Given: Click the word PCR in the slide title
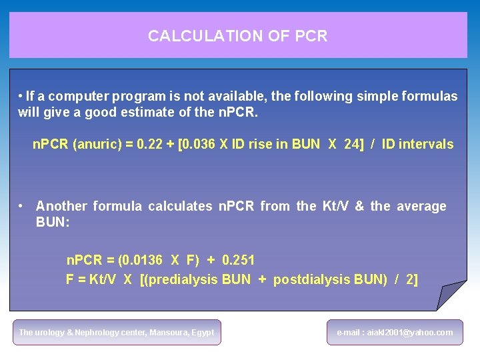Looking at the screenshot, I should click(x=312, y=36).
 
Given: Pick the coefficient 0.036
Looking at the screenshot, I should click(x=201, y=144).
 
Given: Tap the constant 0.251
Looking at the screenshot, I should click(x=239, y=259).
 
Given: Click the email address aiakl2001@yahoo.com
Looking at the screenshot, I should click(x=395, y=332).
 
